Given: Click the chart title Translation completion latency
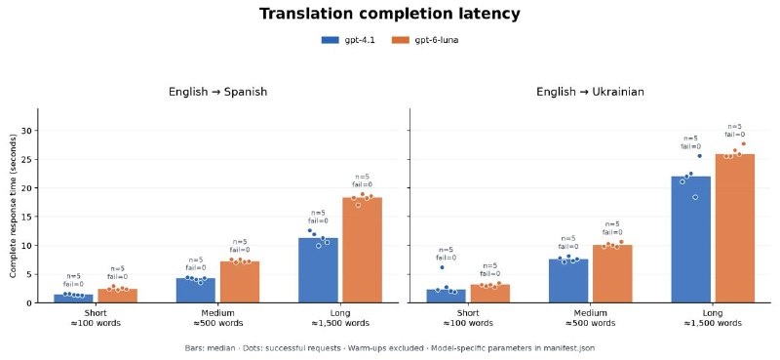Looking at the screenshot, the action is coord(389,14).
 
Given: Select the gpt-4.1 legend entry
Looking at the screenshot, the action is coord(348,41).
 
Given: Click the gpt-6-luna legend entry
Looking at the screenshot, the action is coord(425,41).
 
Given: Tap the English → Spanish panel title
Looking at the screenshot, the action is coord(217,92).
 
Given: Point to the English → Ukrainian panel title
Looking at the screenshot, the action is coord(590,92).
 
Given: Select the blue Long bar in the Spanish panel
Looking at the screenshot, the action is coord(319,270).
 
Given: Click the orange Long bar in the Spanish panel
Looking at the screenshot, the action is coord(363,250).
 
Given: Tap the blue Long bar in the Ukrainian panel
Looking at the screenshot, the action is coord(691,239).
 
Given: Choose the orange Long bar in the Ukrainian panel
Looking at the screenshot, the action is coord(735,228).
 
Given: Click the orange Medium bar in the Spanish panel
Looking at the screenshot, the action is coord(240,282).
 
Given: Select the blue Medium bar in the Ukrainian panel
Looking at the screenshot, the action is coord(568,281).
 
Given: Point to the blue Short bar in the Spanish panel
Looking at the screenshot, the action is coord(73,299).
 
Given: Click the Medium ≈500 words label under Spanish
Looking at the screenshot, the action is coord(217,318).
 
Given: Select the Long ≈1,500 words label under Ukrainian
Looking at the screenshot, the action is coord(713,318).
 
